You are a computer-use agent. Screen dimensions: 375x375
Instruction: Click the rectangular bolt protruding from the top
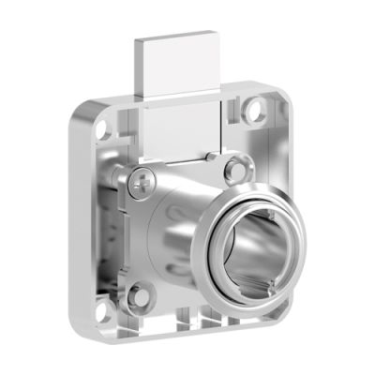(x=179, y=69)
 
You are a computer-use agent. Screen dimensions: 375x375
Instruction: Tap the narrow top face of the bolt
(x=179, y=39)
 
